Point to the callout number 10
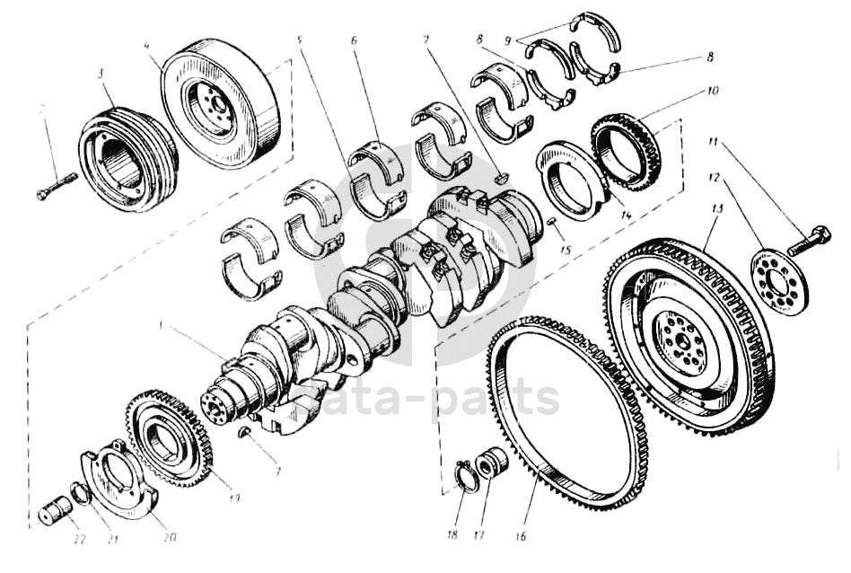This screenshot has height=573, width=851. (713, 91)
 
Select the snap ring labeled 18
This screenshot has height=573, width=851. (466, 477)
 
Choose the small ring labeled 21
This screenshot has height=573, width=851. (80, 493)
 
